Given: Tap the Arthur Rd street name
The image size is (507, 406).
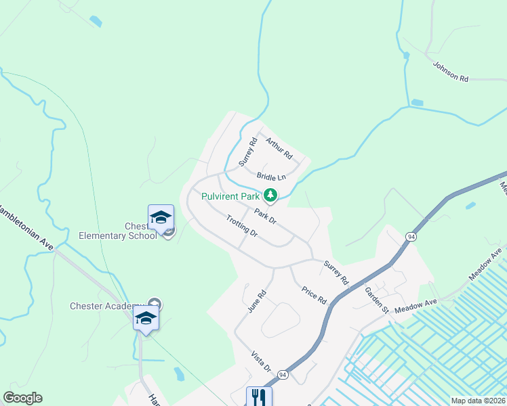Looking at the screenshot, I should [278, 149].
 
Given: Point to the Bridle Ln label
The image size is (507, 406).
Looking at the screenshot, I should [271, 177].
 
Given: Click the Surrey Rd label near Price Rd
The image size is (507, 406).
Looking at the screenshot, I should [336, 272].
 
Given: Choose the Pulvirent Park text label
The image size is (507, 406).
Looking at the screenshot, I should [230, 196].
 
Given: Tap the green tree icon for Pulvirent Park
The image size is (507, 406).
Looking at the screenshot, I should [270, 196].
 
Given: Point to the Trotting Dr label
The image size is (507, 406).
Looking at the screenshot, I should [242, 226].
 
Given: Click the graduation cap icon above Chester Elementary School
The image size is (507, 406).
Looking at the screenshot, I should [161, 218].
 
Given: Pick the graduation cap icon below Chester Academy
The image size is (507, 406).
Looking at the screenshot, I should [145, 317].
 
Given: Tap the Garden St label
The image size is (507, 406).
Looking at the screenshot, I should [376, 300].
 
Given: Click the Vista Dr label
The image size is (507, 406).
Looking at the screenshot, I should [261, 361].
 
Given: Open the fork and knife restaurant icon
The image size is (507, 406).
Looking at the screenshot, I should [258, 396].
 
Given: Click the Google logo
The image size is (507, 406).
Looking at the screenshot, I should [22, 398].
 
